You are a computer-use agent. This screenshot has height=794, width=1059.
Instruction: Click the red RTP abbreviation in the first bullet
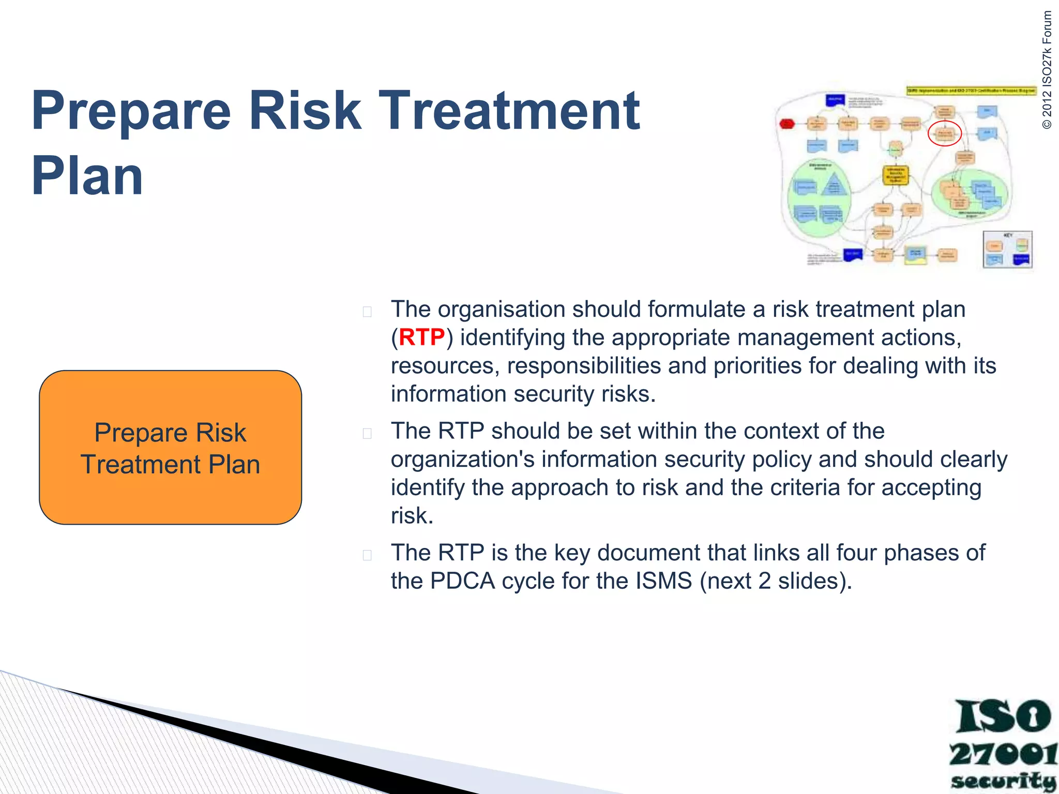[421, 338]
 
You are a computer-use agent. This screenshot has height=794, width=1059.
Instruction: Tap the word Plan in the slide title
[87, 176]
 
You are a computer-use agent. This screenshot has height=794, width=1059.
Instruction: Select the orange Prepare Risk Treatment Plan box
[170, 447]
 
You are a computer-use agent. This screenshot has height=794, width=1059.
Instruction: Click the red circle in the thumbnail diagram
[944, 134]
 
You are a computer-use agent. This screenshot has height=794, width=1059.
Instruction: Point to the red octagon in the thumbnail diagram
[786, 124]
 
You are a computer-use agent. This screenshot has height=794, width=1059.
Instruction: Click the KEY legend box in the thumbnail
[1007, 250]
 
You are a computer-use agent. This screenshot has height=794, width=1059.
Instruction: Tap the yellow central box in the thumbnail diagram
[895, 175]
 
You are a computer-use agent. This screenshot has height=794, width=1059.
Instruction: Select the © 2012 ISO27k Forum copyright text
[1047, 70]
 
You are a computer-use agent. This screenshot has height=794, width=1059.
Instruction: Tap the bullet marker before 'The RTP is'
[367, 555]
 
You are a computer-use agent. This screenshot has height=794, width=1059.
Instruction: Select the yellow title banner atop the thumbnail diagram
[971, 90]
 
